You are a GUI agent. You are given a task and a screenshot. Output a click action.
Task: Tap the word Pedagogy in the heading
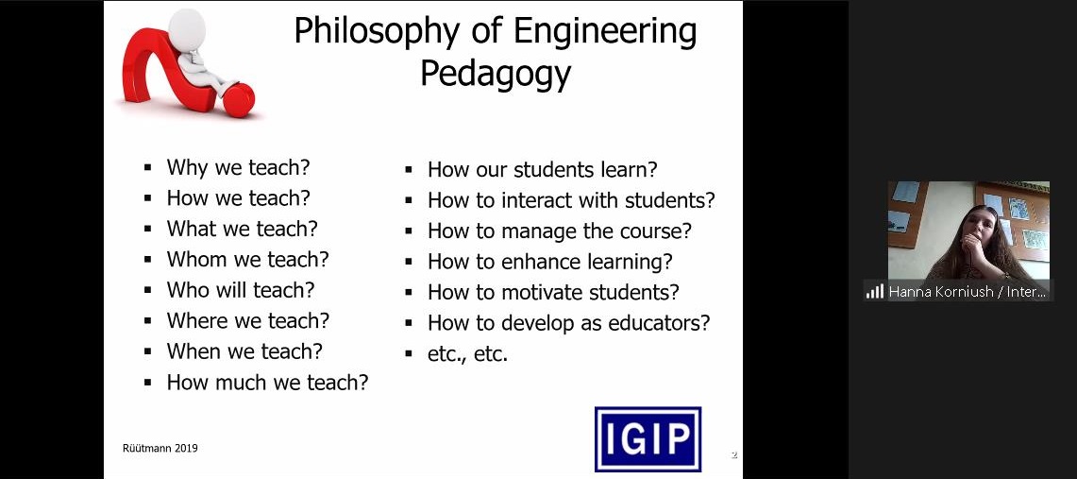click(496, 75)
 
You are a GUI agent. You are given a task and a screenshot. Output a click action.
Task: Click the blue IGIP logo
click(647, 439)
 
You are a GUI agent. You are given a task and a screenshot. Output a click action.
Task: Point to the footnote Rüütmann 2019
click(160, 448)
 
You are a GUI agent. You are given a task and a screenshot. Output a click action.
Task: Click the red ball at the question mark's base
click(239, 99)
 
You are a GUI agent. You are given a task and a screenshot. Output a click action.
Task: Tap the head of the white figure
click(187, 26)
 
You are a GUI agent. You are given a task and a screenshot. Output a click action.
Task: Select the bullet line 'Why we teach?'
click(239, 167)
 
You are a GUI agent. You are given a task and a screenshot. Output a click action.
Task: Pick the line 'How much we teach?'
click(267, 382)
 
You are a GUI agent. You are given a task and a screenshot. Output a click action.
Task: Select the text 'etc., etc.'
click(467, 354)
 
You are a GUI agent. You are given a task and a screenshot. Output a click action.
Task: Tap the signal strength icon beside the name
click(874, 291)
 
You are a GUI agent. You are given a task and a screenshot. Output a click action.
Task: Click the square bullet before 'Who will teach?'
click(147, 290)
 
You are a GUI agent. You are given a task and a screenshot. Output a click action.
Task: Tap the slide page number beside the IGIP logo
click(733, 455)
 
